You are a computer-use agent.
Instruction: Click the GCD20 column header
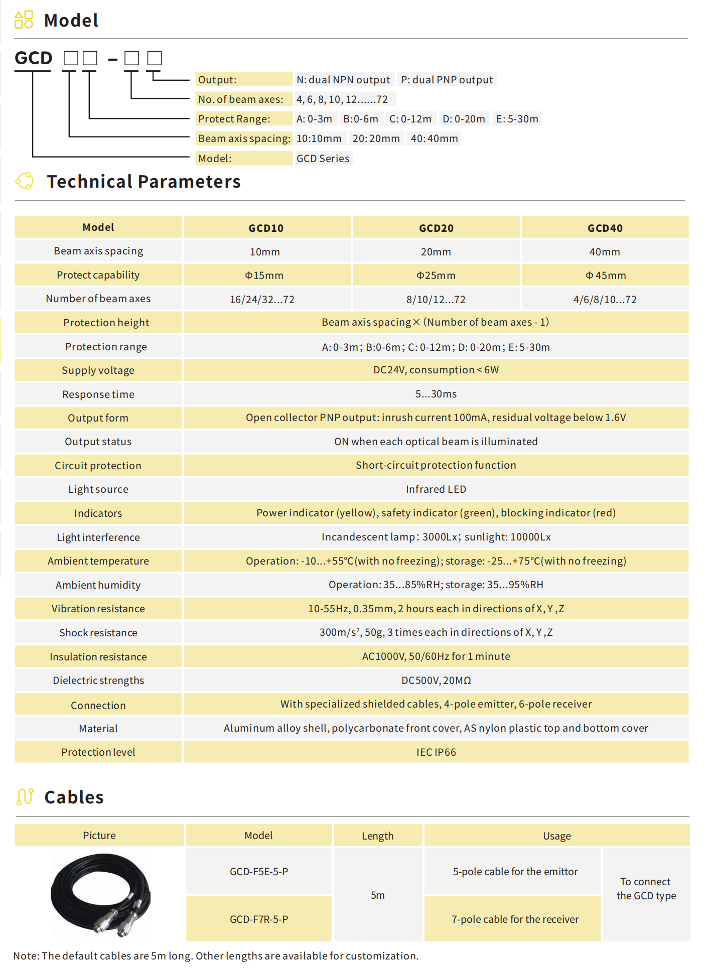[436, 228]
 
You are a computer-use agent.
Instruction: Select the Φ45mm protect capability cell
[605, 275]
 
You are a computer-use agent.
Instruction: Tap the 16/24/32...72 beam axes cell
[262, 300]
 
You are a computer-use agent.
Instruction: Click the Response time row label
[98, 394]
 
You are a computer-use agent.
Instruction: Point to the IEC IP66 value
[436, 752]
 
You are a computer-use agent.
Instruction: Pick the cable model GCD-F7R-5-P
[259, 919]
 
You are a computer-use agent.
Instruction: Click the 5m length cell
[378, 895]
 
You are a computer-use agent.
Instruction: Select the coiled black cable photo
[100, 895]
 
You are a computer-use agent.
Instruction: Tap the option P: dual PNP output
[447, 80]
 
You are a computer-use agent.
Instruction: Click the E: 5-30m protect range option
[517, 119]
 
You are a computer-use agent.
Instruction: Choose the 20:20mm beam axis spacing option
[376, 139]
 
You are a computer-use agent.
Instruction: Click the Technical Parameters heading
[144, 182]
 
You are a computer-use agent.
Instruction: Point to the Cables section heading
[74, 797]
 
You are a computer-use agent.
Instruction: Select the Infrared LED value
[436, 489]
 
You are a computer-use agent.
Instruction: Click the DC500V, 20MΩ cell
[436, 680]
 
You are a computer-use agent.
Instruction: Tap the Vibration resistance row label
[98, 609]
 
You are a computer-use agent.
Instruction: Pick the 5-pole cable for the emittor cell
[515, 872]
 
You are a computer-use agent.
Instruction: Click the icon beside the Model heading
[24, 20]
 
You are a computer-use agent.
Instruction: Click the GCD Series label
[323, 159]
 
